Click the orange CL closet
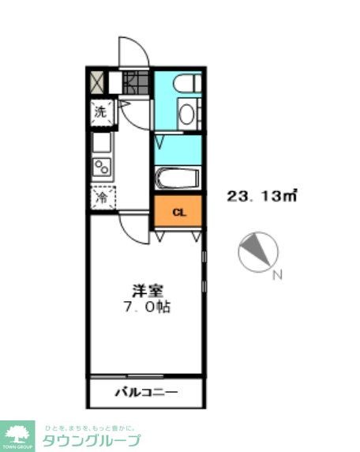tap(179, 212)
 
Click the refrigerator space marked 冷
tap(102, 197)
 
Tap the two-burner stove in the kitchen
tap(102, 167)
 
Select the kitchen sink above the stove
tap(102, 142)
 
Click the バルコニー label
tap(147, 393)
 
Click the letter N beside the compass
tap(277, 276)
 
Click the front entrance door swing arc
tap(133, 51)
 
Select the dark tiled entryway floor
tap(136, 82)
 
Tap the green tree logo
tap(17, 435)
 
